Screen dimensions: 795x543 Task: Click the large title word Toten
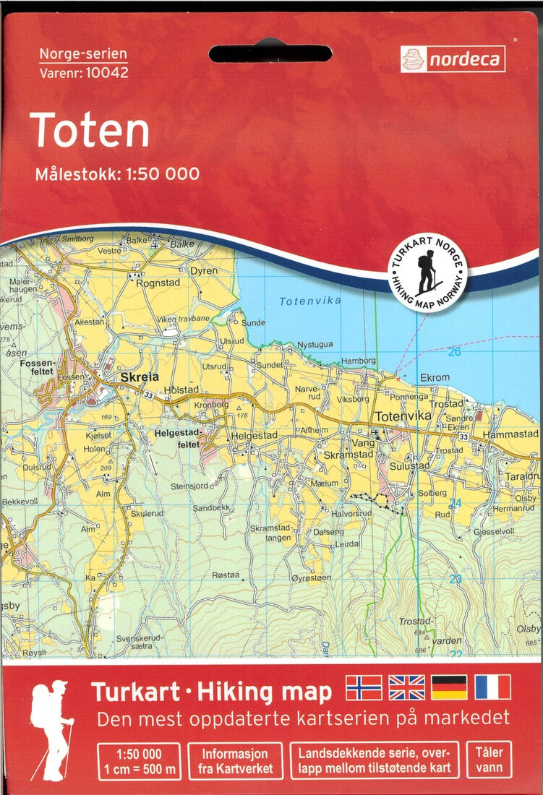(90, 131)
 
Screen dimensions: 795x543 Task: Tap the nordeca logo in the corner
(453, 60)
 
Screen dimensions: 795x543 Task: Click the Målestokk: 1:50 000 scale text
(116, 173)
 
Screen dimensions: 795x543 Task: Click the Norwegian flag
(364, 687)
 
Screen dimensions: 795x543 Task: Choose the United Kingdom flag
(406, 687)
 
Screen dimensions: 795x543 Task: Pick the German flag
(449, 687)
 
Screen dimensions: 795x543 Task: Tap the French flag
(492, 687)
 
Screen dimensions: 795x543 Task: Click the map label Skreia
(139, 377)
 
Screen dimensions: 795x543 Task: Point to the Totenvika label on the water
(310, 301)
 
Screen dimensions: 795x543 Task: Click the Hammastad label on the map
(510, 434)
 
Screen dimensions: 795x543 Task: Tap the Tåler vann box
(489, 760)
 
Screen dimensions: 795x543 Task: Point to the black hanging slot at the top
(270, 53)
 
